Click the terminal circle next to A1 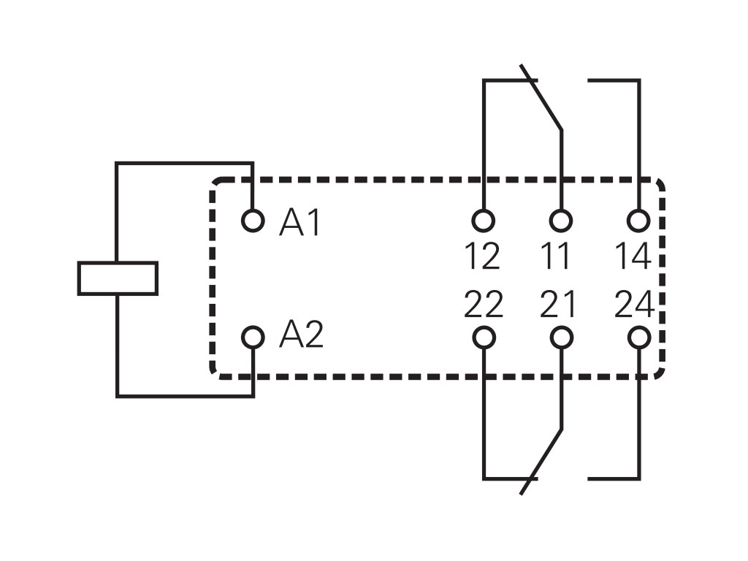pos(253,220)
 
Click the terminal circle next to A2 pos(253,337)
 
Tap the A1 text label pos(299,223)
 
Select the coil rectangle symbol pos(118,278)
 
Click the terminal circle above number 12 pos(483,220)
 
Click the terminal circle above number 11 pos(560,220)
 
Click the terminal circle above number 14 pos(638,220)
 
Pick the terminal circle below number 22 pos(483,337)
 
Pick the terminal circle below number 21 pos(560,337)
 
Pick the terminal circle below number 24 pos(638,337)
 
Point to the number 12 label pos(482,256)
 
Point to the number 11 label pos(560,256)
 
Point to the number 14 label pos(633,256)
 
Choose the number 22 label pos(483,304)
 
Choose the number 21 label pos(559,304)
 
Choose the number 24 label pos(633,304)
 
